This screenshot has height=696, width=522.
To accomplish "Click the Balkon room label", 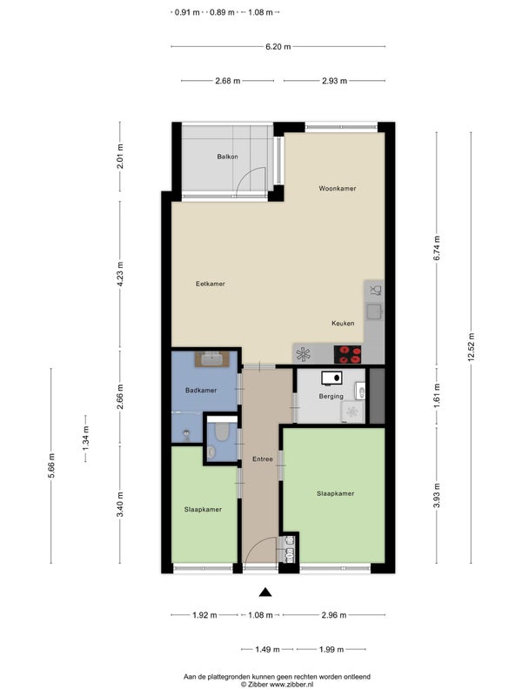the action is pyautogui.click(x=227, y=157).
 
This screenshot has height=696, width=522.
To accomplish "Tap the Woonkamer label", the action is pyautogui.click(x=338, y=189).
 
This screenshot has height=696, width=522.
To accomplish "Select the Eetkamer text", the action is pyautogui.click(x=211, y=284).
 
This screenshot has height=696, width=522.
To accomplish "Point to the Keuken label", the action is pyautogui.click(x=343, y=323).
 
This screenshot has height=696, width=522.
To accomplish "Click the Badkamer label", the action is pyautogui.click(x=201, y=391).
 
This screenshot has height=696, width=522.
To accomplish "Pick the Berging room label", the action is pyautogui.click(x=331, y=397).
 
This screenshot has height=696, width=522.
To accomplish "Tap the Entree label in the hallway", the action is pyautogui.click(x=263, y=459).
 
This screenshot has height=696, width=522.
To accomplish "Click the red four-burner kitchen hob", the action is pyautogui.click(x=347, y=354).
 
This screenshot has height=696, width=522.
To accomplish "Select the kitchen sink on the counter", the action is pyautogui.click(x=374, y=312).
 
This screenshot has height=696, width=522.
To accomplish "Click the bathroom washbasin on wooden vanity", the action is pyautogui.click(x=212, y=358).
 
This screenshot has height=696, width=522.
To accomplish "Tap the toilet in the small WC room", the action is pyautogui.click(x=221, y=432).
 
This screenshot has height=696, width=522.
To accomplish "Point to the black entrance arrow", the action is pyautogui.click(x=265, y=592).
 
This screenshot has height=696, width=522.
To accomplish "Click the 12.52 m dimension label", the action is pyautogui.click(x=471, y=347).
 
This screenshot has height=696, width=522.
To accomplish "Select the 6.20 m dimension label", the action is pyautogui.click(x=278, y=46).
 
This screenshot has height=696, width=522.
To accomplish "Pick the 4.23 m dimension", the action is pyautogui.click(x=120, y=275).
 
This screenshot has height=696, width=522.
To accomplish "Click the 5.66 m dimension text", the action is pyautogui.click(x=51, y=465).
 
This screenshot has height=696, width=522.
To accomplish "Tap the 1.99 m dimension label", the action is pyautogui.click(x=331, y=649).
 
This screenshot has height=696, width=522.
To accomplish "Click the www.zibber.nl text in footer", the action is pyautogui.click(x=291, y=685).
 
